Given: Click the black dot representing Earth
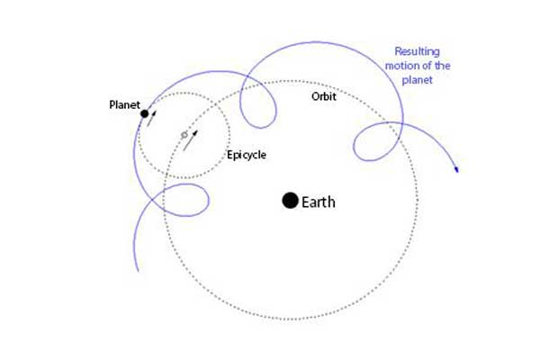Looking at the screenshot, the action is pyautogui.click(x=291, y=201).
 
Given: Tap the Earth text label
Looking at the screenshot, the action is pyautogui.click(x=319, y=202).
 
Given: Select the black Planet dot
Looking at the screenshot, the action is pyautogui.click(x=145, y=113).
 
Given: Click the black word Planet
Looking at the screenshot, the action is pyautogui.click(x=125, y=104).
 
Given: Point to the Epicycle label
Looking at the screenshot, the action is pyautogui.click(x=247, y=155).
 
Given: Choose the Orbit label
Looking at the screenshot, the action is pyautogui.click(x=324, y=96).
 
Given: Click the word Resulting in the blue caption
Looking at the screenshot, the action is pyautogui.click(x=417, y=51).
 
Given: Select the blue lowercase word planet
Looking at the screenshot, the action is pyautogui.click(x=417, y=80).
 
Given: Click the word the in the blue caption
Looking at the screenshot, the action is pyautogui.click(x=442, y=66).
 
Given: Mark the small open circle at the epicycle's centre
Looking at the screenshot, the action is pyautogui.click(x=184, y=135).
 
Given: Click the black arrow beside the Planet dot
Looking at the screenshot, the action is pyautogui.click(x=151, y=119).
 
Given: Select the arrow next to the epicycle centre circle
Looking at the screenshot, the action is pyautogui.click(x=191, y=140).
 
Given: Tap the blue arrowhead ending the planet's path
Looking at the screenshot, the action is pyautogui.click(x=456, y=169).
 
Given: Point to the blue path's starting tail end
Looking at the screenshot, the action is pyautogui.click(x=138, y=271).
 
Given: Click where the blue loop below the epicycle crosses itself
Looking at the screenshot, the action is pyautogui.click(x=152, y=200).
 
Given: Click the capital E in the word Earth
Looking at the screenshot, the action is pyautogui.click(x=305, y=202).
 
